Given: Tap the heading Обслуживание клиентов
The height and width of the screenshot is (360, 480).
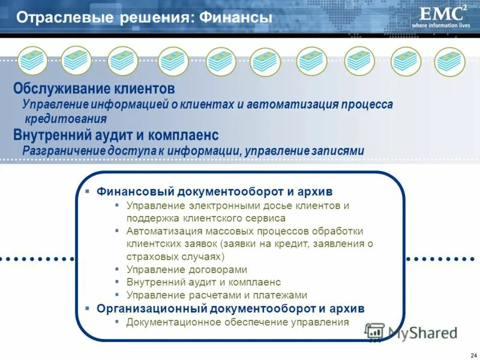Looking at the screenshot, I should point(94,89).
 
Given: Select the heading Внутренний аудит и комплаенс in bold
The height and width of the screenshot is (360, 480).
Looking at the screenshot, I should point(116,134).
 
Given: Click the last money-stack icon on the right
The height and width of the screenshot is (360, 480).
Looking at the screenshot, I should point(450,61).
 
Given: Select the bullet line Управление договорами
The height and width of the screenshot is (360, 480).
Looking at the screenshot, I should point(187,270).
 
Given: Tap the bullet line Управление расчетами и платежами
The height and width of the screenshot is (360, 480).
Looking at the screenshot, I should point(217,295).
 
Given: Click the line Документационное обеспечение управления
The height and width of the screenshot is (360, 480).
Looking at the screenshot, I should point(238,322).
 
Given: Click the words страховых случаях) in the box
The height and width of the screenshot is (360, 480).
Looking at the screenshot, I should point(175,256).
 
